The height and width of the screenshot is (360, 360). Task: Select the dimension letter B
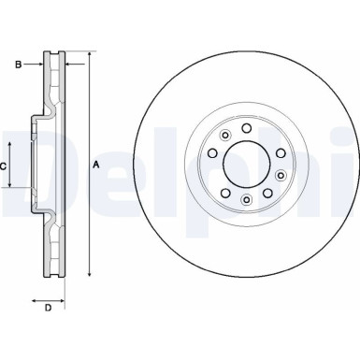(x=17, y=65)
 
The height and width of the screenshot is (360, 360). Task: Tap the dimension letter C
(x=5, y=166)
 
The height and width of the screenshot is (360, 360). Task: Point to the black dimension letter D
(x=47, y=306)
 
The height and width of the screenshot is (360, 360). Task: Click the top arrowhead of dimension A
(x=90, y=55)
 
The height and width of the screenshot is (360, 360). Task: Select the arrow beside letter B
(x=39, y=65)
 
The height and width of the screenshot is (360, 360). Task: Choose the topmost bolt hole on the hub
(x=246, y=128)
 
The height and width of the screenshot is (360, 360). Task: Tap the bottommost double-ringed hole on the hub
(x=246, y=199)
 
